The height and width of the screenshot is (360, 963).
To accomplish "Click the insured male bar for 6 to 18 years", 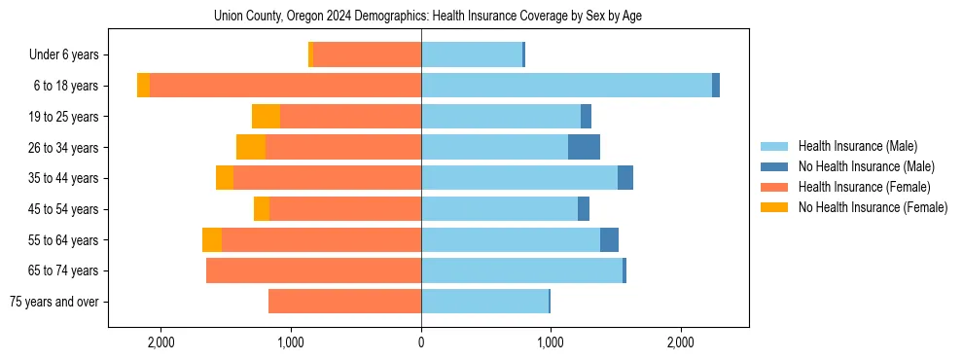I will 566,86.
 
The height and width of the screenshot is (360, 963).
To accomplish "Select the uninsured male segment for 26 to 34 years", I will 584,147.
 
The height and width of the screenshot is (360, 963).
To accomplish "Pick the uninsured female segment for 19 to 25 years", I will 266,117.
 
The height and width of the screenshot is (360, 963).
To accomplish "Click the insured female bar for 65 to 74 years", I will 313,270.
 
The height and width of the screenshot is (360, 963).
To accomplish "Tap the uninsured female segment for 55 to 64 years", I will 212,240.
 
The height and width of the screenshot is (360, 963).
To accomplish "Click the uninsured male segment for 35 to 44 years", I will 625,178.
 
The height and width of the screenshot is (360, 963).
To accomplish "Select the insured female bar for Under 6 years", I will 367,55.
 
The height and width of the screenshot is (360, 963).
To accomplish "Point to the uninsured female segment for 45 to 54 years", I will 262,209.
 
